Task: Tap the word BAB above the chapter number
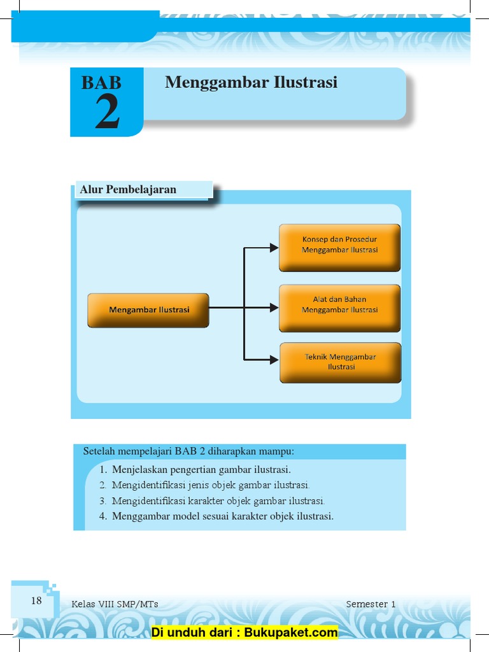coord(101,83)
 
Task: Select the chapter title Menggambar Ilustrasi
coord(251,83)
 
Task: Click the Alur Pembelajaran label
coord(128,190)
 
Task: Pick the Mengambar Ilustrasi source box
coord(148,310)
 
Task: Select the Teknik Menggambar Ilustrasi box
coord(340,362)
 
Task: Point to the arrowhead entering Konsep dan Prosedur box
coord(274,248)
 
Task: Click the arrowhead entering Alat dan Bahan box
coord(274,308)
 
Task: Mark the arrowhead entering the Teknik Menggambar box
coord(274,360)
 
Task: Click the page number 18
coord(36,600)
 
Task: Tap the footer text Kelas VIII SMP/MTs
coord(115,604)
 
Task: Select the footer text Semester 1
coord(371,604)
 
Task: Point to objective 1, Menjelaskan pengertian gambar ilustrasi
coord(201,470)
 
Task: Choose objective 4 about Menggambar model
coord(222,516)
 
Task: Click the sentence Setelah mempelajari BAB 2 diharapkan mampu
coord(189,451)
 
